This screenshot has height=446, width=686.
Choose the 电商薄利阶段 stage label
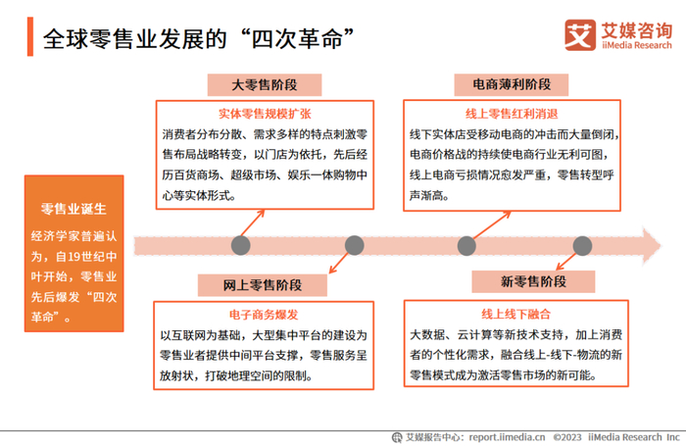click(512, 84)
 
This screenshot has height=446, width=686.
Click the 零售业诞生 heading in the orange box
click(73, 209)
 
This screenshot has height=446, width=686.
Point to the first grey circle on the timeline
click(240, 245)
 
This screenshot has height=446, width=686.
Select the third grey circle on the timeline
click(467, 245)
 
